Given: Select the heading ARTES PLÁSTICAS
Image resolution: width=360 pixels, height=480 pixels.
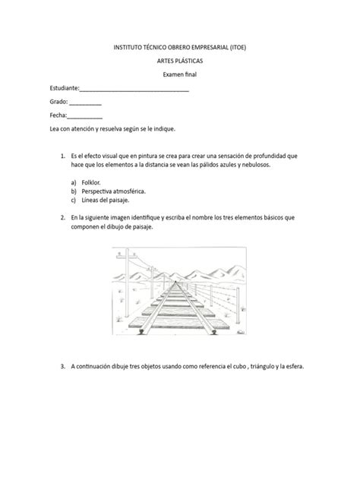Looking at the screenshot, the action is coord(179,60).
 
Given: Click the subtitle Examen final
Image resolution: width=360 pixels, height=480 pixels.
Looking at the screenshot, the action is coord(180,74).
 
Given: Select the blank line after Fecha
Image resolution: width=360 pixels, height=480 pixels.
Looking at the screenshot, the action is coord(85,115).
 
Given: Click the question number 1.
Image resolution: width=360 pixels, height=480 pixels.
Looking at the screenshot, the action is coord(62,154).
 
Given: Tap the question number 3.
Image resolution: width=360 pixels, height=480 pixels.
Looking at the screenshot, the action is coord(62,365).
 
